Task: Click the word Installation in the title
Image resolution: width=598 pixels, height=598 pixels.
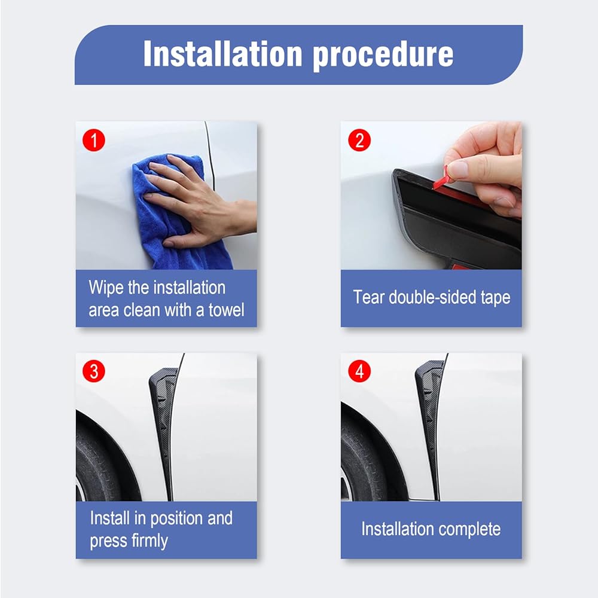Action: click(223, 54)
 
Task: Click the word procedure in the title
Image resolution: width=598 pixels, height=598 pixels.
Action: click(383, 56)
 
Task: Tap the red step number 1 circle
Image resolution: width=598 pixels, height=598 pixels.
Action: click(94, 140)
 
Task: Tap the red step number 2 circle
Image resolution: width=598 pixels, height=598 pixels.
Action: click(359, 140)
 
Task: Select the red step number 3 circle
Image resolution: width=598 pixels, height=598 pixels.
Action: click(94, 371)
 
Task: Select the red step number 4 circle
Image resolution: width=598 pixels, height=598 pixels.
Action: click(359, 371)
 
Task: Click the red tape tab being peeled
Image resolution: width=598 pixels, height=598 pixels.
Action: click(443, 178)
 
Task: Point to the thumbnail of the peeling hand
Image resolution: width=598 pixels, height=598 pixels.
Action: click(456, 169)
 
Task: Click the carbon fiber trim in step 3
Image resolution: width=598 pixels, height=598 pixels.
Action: click(163, 427)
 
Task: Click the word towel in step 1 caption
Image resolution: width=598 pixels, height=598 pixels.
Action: click(226, 310)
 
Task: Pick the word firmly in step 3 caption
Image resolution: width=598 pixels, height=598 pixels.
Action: click(149, 541)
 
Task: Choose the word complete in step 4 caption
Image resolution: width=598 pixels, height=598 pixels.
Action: click(469, 530)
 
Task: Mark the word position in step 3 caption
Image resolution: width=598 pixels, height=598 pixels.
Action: click(177, 518)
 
